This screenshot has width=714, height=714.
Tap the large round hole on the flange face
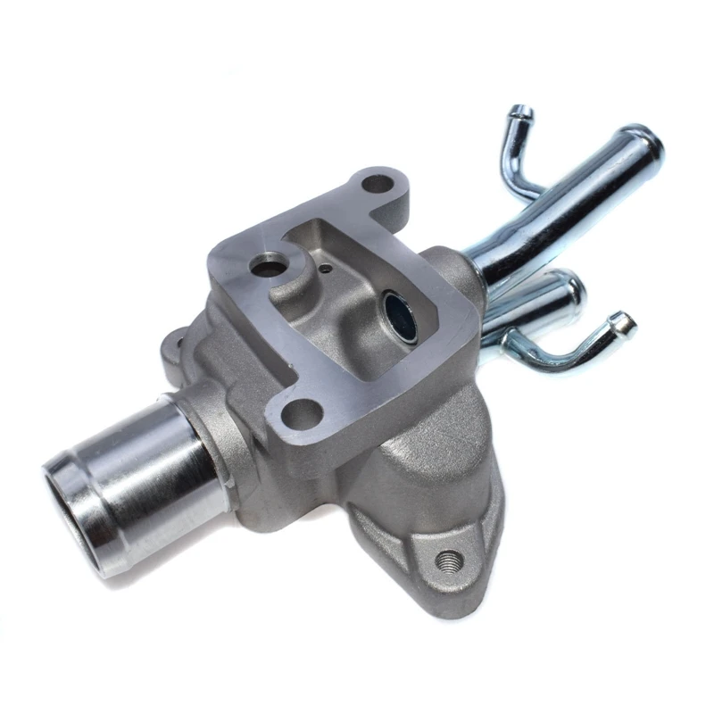tap(265, 265)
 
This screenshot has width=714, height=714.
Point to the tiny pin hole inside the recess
tap(326, 266)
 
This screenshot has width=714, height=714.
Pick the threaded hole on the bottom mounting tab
tap(450, 560)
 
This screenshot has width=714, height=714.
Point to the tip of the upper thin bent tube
tap(520, 113)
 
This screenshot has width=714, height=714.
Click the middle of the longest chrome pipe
tap(562, 205)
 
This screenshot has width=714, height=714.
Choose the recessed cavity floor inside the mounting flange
tap(348, 303)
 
